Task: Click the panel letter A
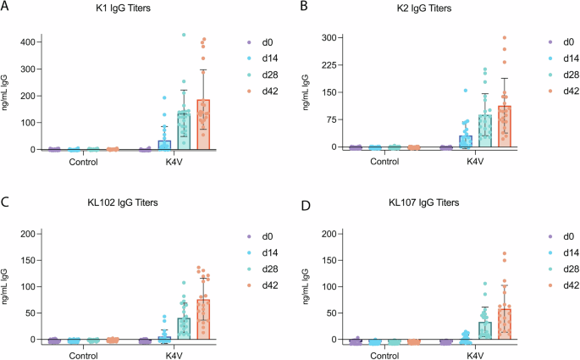(x=6, y=8)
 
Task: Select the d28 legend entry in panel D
(x=560, y=269)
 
